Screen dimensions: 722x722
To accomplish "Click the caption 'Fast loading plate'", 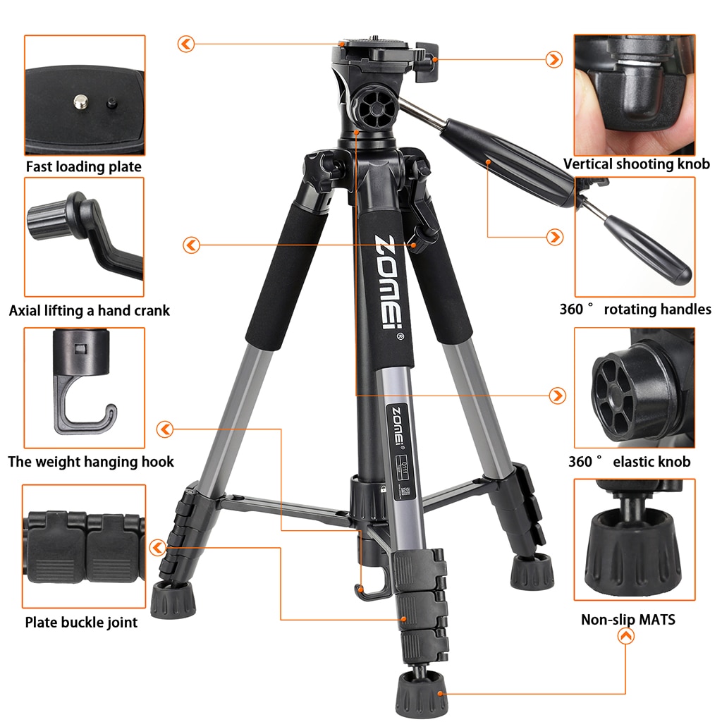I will point(84,167).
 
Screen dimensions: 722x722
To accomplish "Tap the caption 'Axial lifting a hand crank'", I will point(90,310).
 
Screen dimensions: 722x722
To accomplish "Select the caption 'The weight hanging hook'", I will point(91,462).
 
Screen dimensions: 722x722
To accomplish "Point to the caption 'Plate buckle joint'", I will point(82,622).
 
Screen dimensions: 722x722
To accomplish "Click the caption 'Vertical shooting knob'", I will point(637,164).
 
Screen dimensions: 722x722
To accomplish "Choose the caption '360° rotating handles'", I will point(635,309).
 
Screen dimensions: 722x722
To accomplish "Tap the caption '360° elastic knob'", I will point(630,462).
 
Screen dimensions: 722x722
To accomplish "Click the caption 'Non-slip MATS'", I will point(628,620).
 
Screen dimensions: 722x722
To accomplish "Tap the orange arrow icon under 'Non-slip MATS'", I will point(625,637).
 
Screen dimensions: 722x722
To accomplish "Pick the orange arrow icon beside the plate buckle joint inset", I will point(158,546).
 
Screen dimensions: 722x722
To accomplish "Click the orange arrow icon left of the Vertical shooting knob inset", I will point(555,59).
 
